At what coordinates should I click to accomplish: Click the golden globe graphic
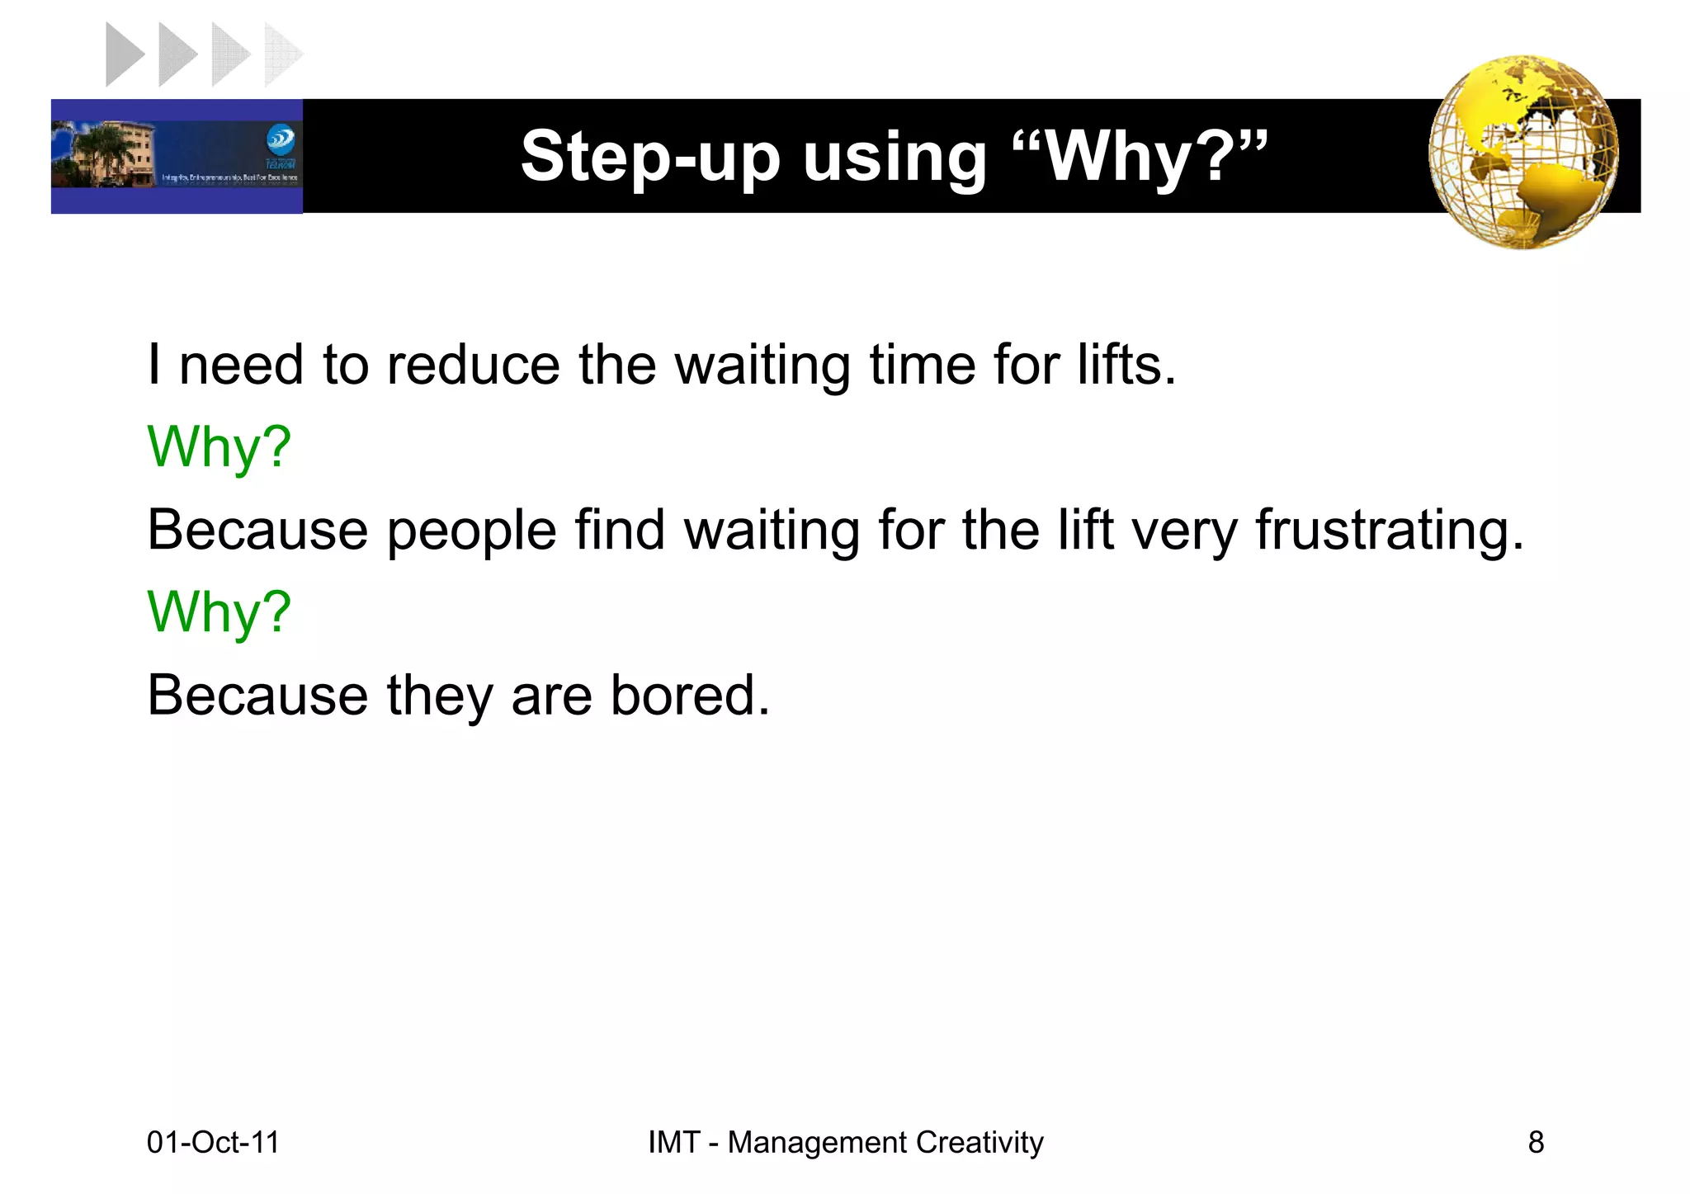[x=1523, y=153]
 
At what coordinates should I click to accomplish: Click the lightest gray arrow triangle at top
[x=281, y=55]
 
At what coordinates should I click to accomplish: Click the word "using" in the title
[x=895, y=157]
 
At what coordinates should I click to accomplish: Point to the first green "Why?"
[x=219, y=447]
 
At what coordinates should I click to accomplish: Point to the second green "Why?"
[x=219, y=612]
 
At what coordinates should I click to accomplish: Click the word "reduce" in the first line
[x=473, y=365]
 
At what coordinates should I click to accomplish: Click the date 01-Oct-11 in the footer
[x=213, y=1143]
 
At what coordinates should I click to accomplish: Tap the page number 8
[x=1536, y=1143]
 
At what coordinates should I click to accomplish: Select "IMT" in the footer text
[x=673, y=1143]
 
